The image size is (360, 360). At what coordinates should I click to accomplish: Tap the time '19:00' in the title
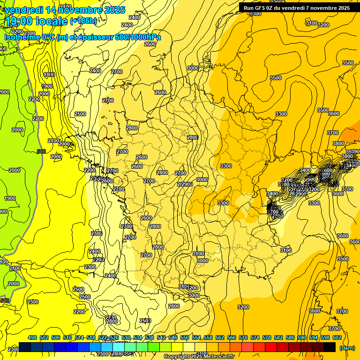tap(22, 21)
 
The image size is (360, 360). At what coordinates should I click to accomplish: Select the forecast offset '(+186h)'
tap(83, 21)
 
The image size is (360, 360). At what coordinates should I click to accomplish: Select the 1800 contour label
tap(49, 75)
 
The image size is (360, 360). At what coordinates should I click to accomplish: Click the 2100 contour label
tap(53, 141)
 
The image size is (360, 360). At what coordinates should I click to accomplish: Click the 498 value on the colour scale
tap(32, 337)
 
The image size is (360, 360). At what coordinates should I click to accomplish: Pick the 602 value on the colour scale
tap(337, 337)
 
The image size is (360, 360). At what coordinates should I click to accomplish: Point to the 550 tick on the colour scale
tap(185, 337)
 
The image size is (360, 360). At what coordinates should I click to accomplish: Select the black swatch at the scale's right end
tap(330, 347)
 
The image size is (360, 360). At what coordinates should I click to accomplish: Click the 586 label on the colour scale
tap(290, 337)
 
